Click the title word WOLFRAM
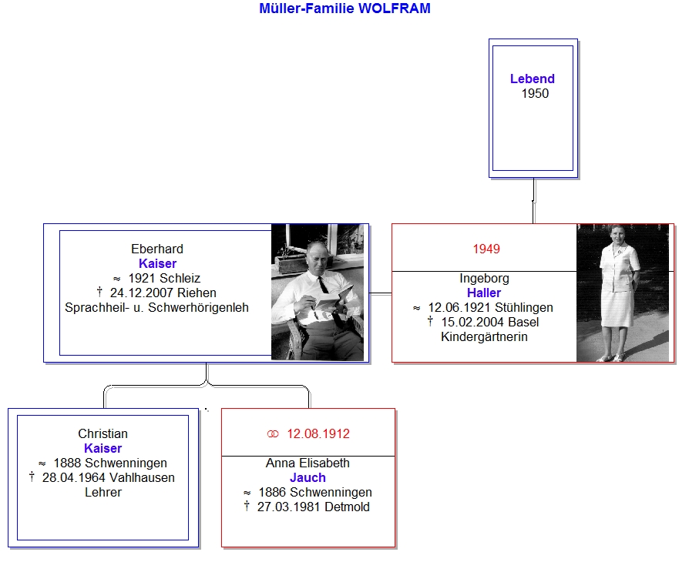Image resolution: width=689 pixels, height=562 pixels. tap(395, 8)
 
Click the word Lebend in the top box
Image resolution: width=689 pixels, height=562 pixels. tap(532, 79)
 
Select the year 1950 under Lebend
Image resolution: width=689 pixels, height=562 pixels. tap(535, 93)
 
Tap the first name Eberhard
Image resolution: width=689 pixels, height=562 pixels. tap(157, 249)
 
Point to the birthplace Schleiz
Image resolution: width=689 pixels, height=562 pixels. tap(180, 279)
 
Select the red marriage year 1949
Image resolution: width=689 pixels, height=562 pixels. tap(486, 249)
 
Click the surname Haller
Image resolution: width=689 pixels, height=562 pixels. tap(484, 293)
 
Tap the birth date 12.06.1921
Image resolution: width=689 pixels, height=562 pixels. tap(459, 308)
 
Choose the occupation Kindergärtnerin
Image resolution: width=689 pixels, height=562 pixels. tap(484, 336)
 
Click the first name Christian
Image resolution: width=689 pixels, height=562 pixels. tap(103, 433)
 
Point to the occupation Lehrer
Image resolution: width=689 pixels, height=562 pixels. tap(103, 492)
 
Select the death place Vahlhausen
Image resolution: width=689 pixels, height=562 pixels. tap(142, 477)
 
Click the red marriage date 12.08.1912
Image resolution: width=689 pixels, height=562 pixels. tap(318, 433)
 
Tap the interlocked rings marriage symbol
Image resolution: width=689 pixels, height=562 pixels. tap(273, 434)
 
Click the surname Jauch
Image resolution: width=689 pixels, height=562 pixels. tap(308, 477)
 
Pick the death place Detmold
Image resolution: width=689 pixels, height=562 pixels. tap(347, 507)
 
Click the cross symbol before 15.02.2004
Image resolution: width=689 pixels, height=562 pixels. tap(430, 321)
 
